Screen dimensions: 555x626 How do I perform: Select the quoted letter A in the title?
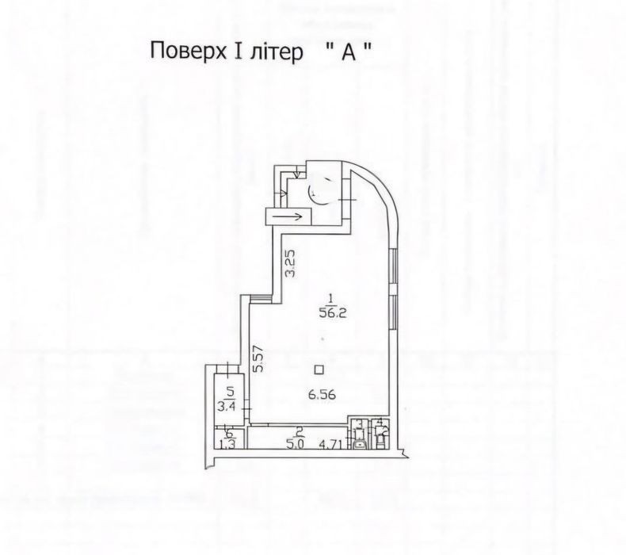[349, 52]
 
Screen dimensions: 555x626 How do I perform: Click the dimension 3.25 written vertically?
[291, 264]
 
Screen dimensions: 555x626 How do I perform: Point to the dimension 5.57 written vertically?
[258, 362]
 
